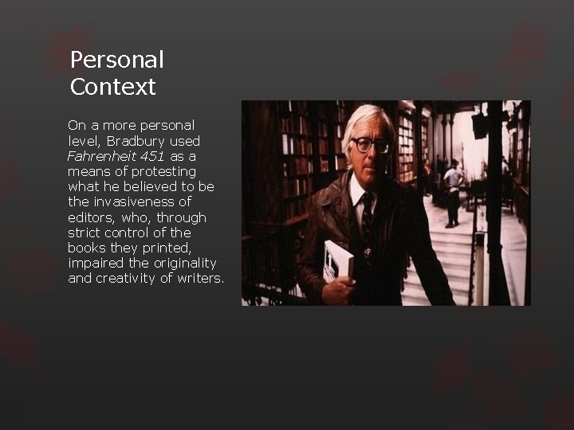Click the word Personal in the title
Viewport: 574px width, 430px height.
click(116, 61)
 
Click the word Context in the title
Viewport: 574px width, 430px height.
click(112, 87)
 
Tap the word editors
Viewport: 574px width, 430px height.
click(91, 217)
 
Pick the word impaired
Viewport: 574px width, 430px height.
click(95, 263)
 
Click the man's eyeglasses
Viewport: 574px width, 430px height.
click(371, 145)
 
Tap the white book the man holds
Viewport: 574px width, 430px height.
click(338, 260)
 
